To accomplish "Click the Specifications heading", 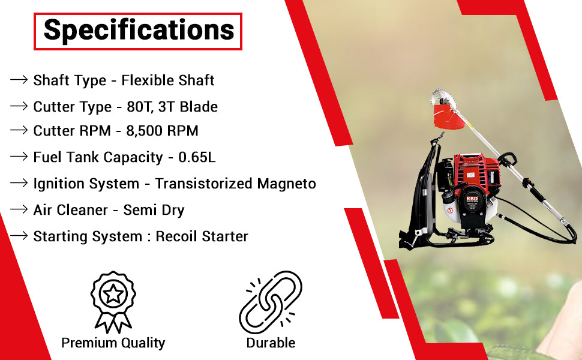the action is click(139, 30).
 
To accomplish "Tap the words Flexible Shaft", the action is click(168, 80).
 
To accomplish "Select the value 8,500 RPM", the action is click(162, 131).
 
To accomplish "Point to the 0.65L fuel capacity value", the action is click(197, 157).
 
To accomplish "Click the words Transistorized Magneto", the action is click(236, 184).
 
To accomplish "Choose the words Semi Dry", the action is click(154, 210).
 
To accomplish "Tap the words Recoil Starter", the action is click(202, 236).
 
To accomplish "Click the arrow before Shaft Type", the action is click(19, 80).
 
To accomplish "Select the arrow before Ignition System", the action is click(19, 183).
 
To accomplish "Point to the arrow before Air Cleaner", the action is click(19, 209).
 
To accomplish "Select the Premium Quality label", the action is click(113, 343).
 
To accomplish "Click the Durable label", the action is click(271, 343).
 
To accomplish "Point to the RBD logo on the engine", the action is click(472, 199).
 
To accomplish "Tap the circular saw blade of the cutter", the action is click(443, 97).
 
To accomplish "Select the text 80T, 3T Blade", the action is click(172, 107).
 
